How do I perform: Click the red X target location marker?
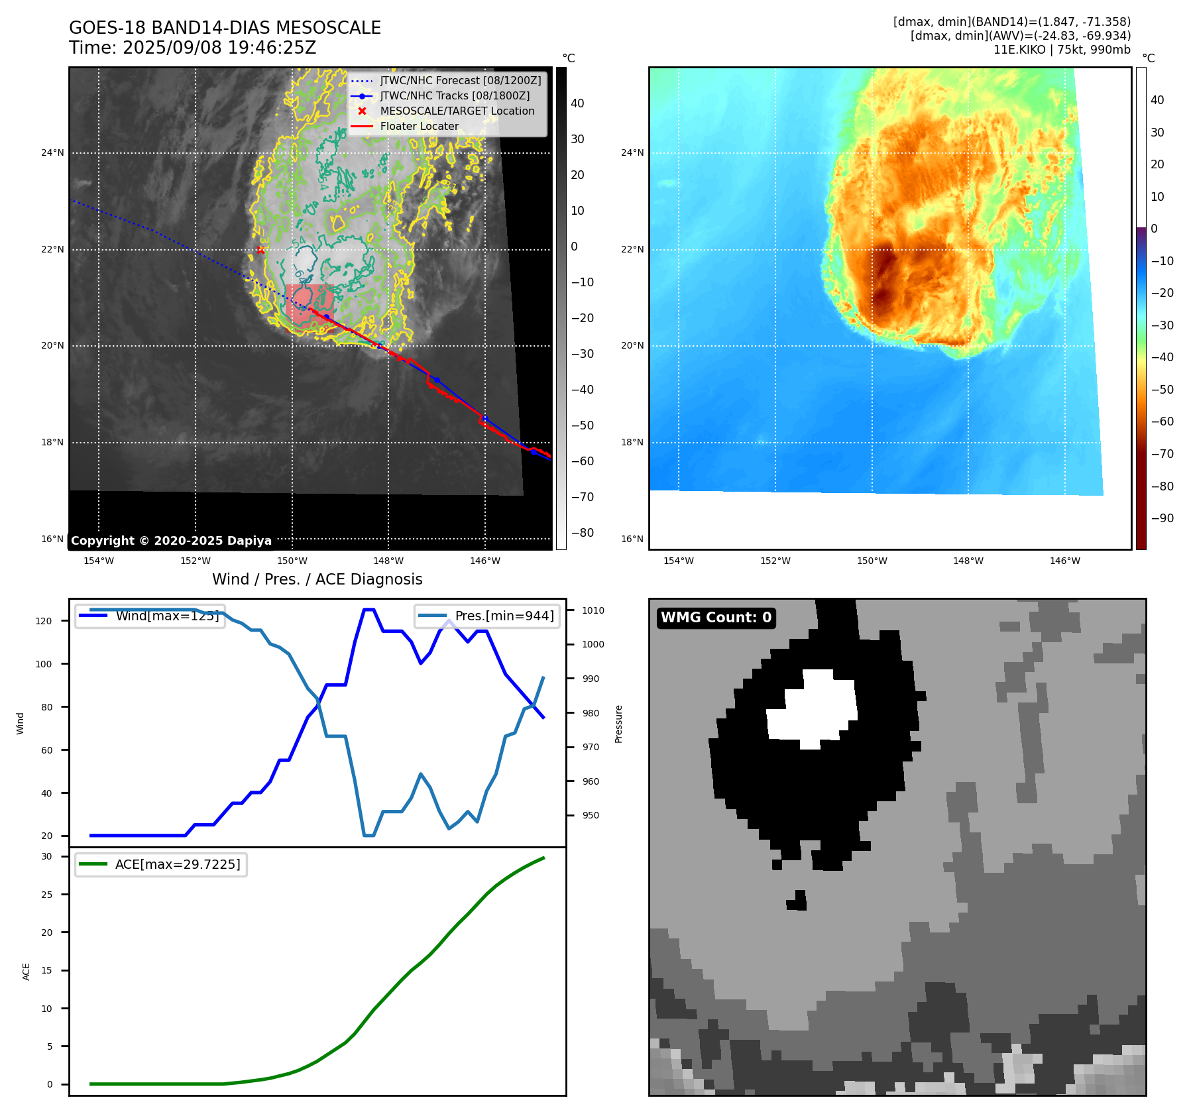tap(260, 250)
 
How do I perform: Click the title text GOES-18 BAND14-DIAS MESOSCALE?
tap(225, 28)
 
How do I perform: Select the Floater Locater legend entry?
tap(419, 126)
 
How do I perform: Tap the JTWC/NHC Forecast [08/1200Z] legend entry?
tap(460, 80)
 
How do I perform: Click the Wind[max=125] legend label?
tap(166, 616)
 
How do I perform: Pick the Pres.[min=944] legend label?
tap(504, 616)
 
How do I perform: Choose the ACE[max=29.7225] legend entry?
tap(177, 864)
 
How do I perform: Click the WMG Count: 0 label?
tap(716, 618)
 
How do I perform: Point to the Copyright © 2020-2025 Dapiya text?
tap(171, 541)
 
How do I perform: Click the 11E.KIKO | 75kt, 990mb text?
tap(1062, 50)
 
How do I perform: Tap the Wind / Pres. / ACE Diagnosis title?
tap(317, 579)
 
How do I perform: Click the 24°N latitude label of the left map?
tap(52, 153)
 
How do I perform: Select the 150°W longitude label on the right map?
tap(872, 561)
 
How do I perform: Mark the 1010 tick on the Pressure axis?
tap(593, 610)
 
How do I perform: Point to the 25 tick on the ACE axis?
tap(46, 895)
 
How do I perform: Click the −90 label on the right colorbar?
tap(1162, 518)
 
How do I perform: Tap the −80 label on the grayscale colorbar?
tap(583, 533)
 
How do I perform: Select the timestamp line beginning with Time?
tap(192, 48)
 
